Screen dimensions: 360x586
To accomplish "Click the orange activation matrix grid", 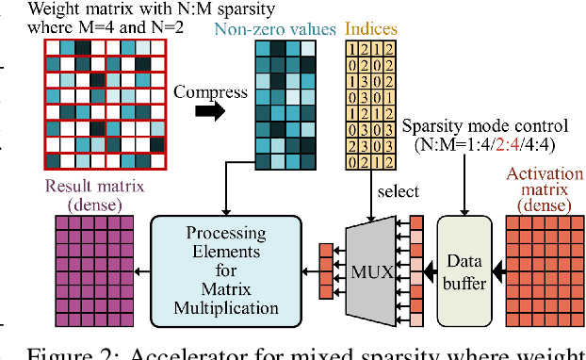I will [x=544, y=268].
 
